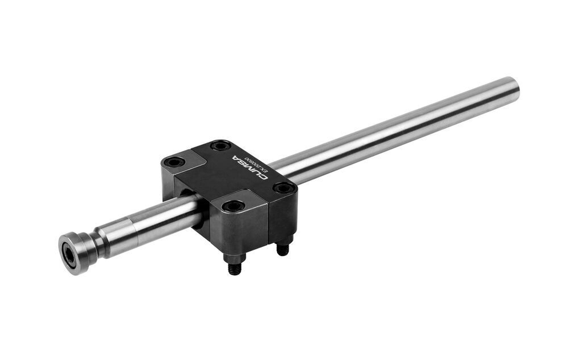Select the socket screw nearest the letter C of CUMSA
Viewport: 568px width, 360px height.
(221, 146)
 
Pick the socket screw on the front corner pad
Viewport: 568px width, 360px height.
(233, 206)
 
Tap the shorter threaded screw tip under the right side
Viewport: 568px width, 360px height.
(281, 249)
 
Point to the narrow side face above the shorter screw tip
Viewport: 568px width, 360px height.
(282, 217)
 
